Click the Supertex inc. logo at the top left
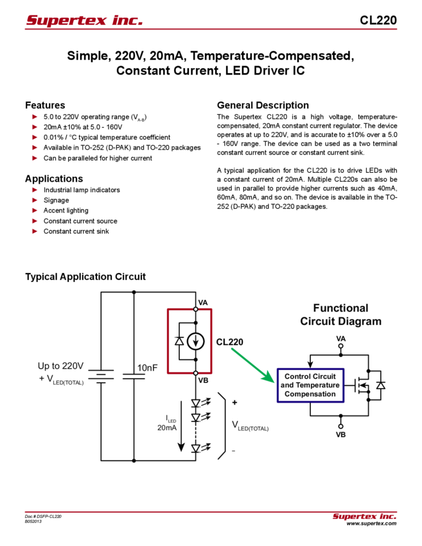click(x=84, y=21)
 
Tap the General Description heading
click(x=263, y=105)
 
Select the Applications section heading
click(x=54, y=178)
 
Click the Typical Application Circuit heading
click(x=87, y=277)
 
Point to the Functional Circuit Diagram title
click(x=340, y=315)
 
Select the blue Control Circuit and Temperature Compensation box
click(x=310, y=385)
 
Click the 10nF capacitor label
click(x=148, y=368)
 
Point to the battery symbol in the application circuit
click(x=100, y=374)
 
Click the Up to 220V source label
click(x=60, y=366)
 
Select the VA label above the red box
click(x=203, y=303)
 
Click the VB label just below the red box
click(x=203, y=380)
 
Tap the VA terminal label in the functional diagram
click(x=341, y=337)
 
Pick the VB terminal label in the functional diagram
click(x=341, y=434)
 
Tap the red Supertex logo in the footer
click(x=364, y=516)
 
